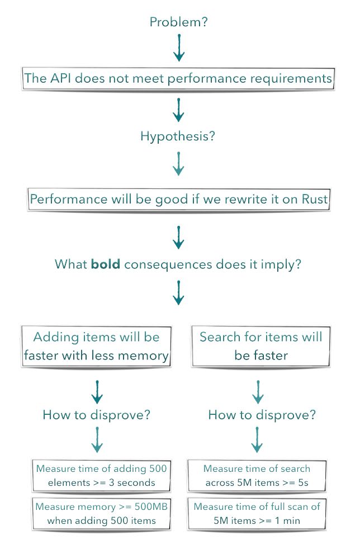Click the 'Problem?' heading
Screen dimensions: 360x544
point(179,22)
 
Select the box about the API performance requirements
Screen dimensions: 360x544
point(178,79)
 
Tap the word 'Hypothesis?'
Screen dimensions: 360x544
point(178,136)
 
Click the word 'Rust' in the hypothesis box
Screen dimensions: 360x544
point(315,199)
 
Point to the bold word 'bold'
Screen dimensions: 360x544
point(106,264)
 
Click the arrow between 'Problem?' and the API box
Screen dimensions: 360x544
point(179,48)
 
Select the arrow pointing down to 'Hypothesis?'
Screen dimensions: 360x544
point(179,110)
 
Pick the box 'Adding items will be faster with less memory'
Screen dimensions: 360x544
point(96,346)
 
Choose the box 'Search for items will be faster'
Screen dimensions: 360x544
point(261,346)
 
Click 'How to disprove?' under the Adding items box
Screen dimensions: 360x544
point(96,415)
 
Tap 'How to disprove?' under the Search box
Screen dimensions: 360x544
point(262,415)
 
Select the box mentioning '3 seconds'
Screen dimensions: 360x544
point(101,476)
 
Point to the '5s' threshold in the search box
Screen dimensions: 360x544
point(303,482)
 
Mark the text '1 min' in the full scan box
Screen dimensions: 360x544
point(287,521)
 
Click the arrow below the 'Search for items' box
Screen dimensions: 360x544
point(258,392)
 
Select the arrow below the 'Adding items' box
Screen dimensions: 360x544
point(97,392)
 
